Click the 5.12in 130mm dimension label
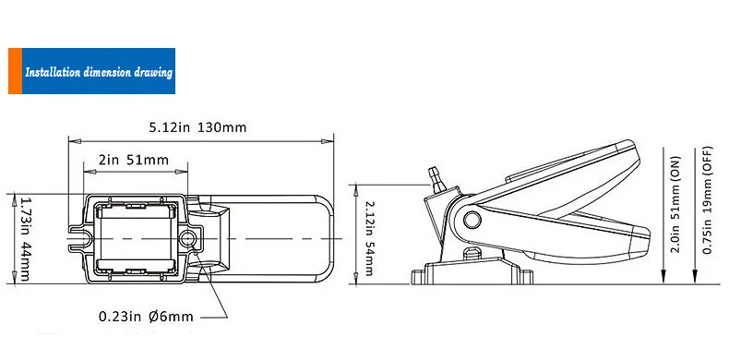(197, 127)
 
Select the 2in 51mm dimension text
(134, 160)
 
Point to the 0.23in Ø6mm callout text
(146, 317)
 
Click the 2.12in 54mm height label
(369, 237)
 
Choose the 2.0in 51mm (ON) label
(675, 204)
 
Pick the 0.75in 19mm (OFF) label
(708, 200)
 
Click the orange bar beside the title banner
(16, 71)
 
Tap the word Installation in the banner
(53, 73)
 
